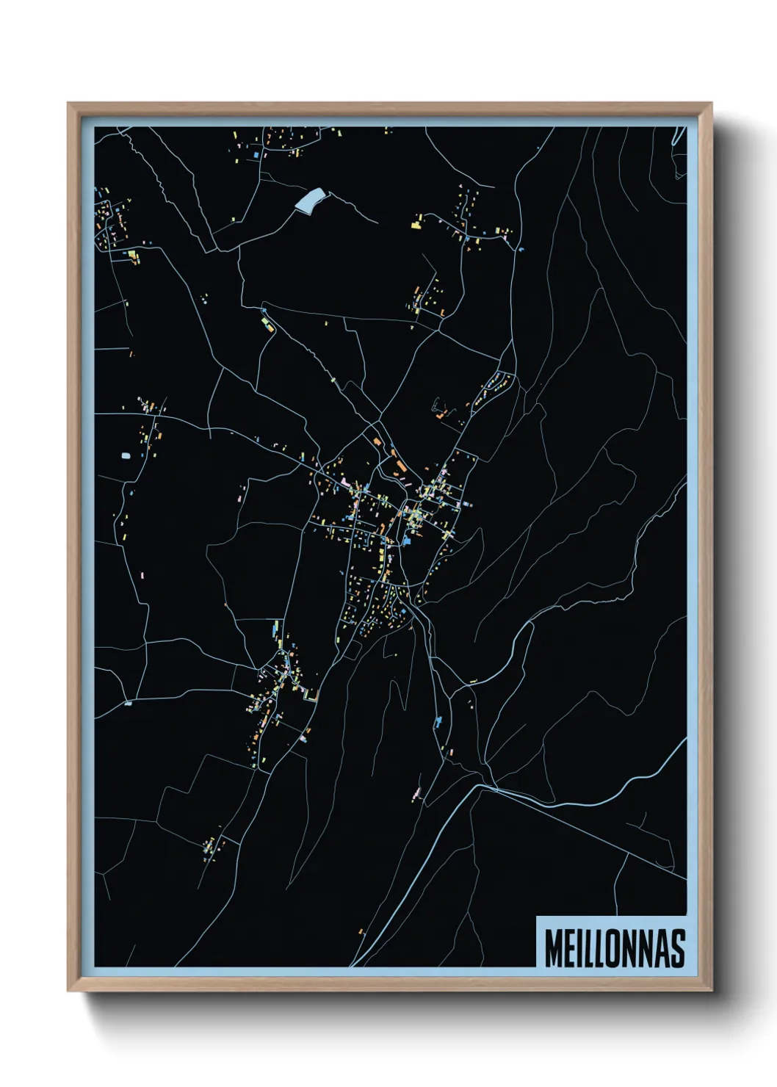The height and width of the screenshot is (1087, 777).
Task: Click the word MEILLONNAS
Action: click(x=615, y=948)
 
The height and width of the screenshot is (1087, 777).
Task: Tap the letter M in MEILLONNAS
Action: click(x=553, y=948)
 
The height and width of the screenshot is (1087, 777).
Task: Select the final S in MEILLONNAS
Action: click(x=677, y=948)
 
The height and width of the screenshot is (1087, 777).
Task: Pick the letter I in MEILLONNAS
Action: click(x=579, y=948)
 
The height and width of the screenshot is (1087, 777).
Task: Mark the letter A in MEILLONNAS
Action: click(x=661, y=948)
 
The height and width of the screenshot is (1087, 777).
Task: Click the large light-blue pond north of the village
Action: click(x=310, y=198)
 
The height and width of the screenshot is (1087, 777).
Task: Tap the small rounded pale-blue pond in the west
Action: click(x=126, y=456)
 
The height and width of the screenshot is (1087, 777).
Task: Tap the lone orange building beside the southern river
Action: click(x=361, y=931)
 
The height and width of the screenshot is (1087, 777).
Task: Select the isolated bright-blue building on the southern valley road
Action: click(x=438, y=721)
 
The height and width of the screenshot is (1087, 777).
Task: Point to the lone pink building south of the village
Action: click(x=416, y=793)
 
